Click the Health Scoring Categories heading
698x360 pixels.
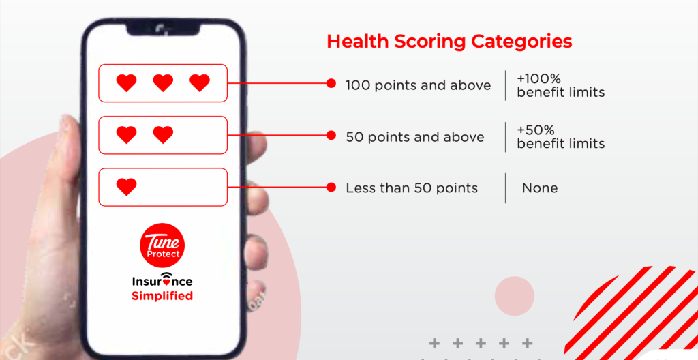click(x=449, y=42)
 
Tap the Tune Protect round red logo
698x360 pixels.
click(x=162, y=245)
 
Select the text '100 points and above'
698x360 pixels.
click(x=418, y=85)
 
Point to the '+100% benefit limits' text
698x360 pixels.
click(x=560, y=85)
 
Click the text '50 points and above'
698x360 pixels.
click(x=415, y=137)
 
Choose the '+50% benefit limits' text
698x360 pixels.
click(x=560, y=137)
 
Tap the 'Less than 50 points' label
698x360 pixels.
click(x=412, y=188)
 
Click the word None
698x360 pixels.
click(x=540, y=188)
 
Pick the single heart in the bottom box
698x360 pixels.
click(x=126, y=187)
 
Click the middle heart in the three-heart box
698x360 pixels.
click(x=163, y=83)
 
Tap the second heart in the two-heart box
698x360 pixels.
click(x=163, y=134)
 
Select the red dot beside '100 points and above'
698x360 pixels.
click(x=331, y=83)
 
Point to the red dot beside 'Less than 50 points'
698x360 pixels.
click(x=331, y=187)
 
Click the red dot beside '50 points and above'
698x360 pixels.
click(x=331, y=136)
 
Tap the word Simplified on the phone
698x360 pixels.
click(x=162, y=296)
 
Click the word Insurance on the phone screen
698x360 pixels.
click(x=162, y=281)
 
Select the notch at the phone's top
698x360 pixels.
click(x=163, y=29)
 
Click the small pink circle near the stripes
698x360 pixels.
click(x=514, y=296)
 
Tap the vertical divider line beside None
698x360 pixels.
click(x=505, y=188)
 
